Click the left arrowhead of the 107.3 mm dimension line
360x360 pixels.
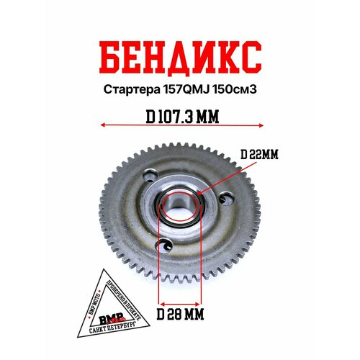[102, 125]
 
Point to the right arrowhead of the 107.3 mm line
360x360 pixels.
[258, 125]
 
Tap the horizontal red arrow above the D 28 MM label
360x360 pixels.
[180, 303]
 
